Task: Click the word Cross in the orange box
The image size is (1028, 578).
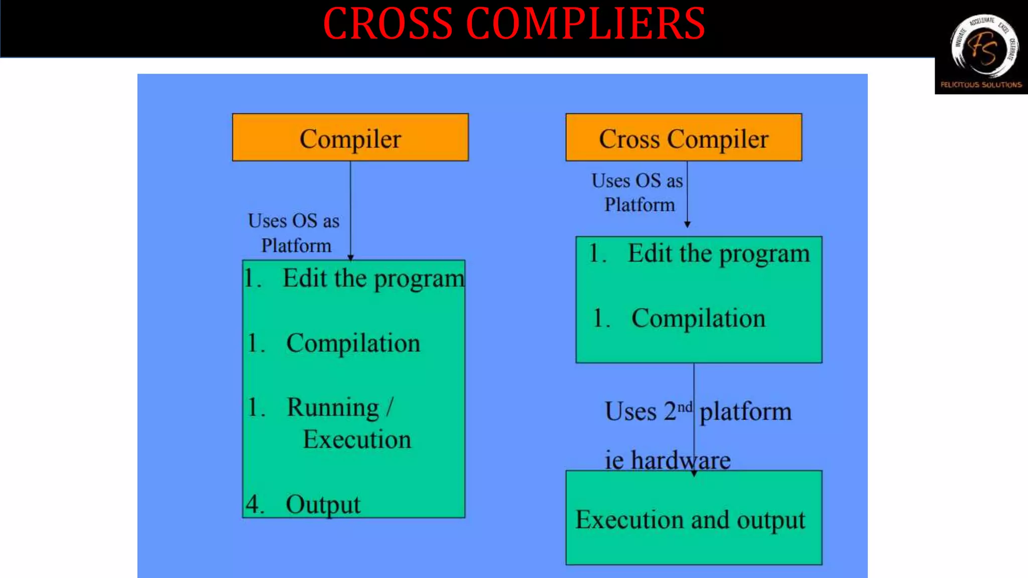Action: pyautogui.click(x=628, y=139)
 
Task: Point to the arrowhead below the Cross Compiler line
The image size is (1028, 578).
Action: pyautogui.click(x=687, y=224)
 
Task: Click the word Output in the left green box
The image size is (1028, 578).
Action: pyautogui.click(x=323, y=504)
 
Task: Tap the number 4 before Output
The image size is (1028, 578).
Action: pyautogui.click(x=253, y=504)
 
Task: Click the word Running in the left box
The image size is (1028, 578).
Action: pyautogui.click(x=333, y=407)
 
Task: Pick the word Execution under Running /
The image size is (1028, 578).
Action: pyautogui.click(x=357, y=440)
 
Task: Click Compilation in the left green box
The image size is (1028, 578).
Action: pyautogui.click(x=353, y=344)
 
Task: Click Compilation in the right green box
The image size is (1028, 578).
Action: pyautogui.click(x=698, y=319)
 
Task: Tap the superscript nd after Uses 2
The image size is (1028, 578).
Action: pyautogui.click(x=685, y=407)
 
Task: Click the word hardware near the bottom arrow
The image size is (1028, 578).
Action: pyautogui.click(x=680, y=460)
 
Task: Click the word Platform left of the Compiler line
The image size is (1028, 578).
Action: pyautogui.click(x=296, y=246)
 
